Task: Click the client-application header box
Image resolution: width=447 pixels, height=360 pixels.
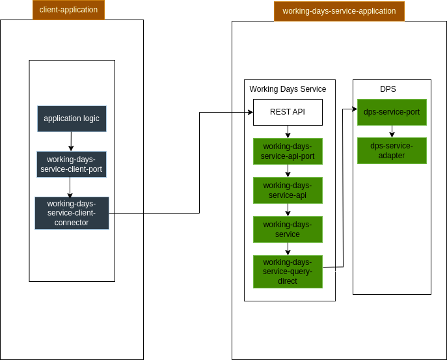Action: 68,10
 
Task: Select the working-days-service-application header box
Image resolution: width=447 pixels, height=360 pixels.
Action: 339,11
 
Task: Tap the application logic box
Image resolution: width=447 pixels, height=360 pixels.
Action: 72,118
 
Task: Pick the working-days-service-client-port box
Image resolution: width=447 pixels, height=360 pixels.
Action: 72,165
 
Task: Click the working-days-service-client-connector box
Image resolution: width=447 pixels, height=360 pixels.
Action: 72,213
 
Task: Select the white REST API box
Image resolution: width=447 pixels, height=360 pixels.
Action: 288,112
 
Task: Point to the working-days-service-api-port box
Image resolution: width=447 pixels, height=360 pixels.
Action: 288,151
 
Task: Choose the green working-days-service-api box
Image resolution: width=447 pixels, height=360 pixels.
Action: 288,190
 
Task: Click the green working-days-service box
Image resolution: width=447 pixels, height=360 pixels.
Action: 288,229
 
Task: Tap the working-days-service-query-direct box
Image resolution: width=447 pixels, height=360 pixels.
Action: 288,271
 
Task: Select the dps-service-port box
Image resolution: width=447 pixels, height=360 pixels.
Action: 392,112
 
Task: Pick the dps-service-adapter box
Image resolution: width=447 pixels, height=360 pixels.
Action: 392,150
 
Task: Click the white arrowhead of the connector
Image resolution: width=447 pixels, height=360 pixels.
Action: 350,187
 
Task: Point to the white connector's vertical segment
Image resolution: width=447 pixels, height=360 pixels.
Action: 337,228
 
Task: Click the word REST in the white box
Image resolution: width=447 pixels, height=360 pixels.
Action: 279,112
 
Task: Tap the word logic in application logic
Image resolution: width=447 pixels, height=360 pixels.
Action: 91,118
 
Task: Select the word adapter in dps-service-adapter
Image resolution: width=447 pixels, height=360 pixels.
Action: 392,156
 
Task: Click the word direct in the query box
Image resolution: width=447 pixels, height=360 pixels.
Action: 288,281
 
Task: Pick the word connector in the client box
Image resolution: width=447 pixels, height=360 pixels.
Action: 72,223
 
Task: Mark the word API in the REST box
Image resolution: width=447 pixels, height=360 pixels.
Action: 298,112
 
